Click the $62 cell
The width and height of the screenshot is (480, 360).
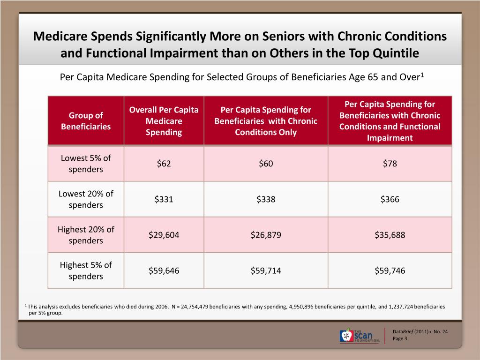point(164,164)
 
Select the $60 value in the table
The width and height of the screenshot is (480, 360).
point(266,164)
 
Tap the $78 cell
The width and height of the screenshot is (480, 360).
point(390,164)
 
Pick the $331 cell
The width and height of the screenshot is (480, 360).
point(164,199)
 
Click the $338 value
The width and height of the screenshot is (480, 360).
point(266,199)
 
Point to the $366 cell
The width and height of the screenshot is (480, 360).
point(390,199)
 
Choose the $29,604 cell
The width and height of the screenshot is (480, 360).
point(164,235)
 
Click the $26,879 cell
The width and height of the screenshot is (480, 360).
point(266,235)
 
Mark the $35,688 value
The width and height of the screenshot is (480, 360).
point(390,235)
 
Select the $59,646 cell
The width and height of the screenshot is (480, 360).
point(164,270)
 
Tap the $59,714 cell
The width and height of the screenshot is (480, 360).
point(266,270)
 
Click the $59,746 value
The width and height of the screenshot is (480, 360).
point(390,270)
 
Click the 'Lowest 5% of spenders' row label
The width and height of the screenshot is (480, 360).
point(86,164)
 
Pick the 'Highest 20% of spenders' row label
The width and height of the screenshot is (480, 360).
point(86,235)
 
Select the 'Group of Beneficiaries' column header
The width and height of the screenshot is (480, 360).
point(86,121)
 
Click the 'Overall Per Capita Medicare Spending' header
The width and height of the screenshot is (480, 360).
point(164,121)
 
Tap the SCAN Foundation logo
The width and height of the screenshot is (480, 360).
point(360,336)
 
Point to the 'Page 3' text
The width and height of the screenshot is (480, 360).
point(400,338)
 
